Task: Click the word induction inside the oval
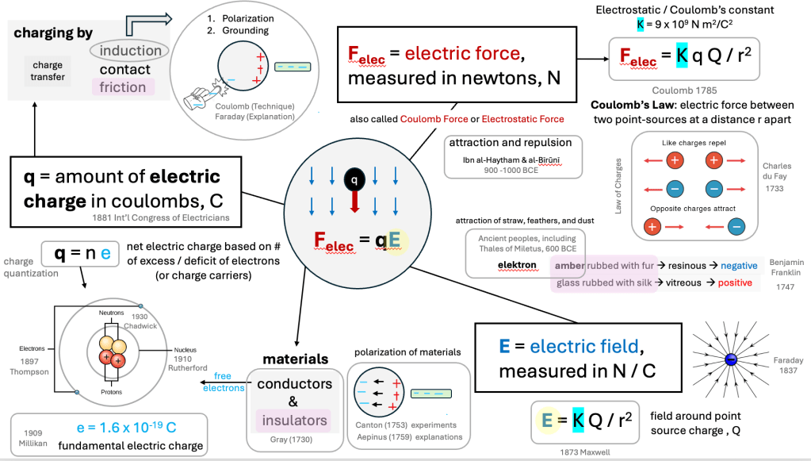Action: click(x=131, y=51)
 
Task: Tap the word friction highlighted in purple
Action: click(x=122, y=87)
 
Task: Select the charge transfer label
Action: click(x=48, y=71)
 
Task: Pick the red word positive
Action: click(x=734, y=283)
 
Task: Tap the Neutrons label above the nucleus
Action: click(x=111, y=313)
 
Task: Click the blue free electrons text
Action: click(x=216, y=381)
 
